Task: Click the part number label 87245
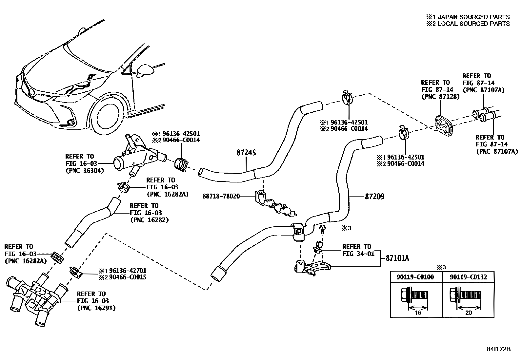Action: [x=246, y=153]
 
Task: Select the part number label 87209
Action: [x=374, y=197]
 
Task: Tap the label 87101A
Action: [x=397, y=258]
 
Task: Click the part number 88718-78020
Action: [x=221, y=196]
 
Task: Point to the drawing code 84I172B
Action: [x=498, y=349]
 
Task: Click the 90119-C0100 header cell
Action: [x=415, y=277]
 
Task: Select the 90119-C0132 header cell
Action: [x=468, y=277]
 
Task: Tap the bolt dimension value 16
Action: [x=418, y=313]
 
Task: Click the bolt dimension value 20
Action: [x=469, y=313]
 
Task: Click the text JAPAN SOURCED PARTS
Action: [x=473, y=17]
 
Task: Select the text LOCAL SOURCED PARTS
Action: [x=473, y=24]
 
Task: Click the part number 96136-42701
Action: [x=127, y=271]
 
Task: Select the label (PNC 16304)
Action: [x=85, y=170]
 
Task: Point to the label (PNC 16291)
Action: [x=96, y=308]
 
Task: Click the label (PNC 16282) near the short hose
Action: [x=149, y=220]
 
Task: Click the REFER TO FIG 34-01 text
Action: [x=356, y=250]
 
